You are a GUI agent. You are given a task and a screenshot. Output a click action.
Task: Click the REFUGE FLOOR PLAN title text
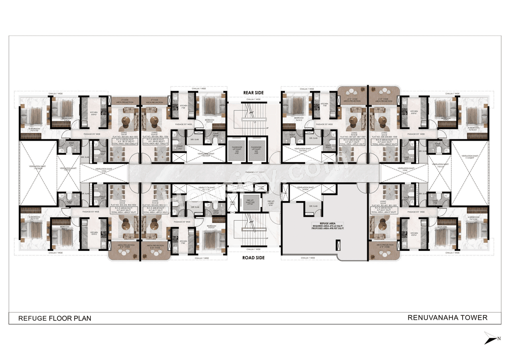pyautogui.click(x=55, y=318)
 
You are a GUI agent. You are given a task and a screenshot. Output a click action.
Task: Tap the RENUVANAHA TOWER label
pyautogui.click(x=447, y=317)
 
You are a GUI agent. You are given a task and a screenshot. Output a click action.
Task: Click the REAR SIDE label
pyautogui.click(x=253, y=93)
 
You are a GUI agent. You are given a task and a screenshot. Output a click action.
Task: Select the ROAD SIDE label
pyautogui.click(x=253, y=258)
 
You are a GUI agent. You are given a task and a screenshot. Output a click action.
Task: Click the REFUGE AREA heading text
pyautogui.click(x=321, y=224)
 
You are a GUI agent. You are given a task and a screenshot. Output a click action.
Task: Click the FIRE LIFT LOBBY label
pyautogui.click(x=271, y=203)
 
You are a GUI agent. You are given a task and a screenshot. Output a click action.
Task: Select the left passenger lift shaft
pyautogui.click(x=236, y=149)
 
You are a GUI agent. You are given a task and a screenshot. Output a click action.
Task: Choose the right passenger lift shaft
pyautogui.click(x=256, y=149)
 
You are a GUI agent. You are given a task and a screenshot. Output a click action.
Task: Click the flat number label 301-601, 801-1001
pyautogui.click(x=384, y=206)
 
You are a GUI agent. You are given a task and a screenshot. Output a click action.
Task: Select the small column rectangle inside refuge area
pyautogui.click(x=338, y=245)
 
